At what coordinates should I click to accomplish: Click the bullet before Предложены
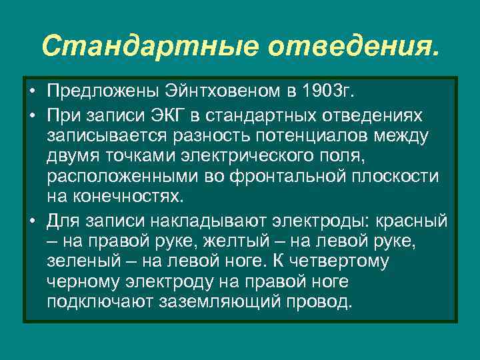pyautogui.click(x=31, y=90)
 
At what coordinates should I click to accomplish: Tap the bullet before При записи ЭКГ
pyautogui.click(x=31, y=116)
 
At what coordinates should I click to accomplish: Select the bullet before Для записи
pyautogui.click(x=31, y=221)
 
